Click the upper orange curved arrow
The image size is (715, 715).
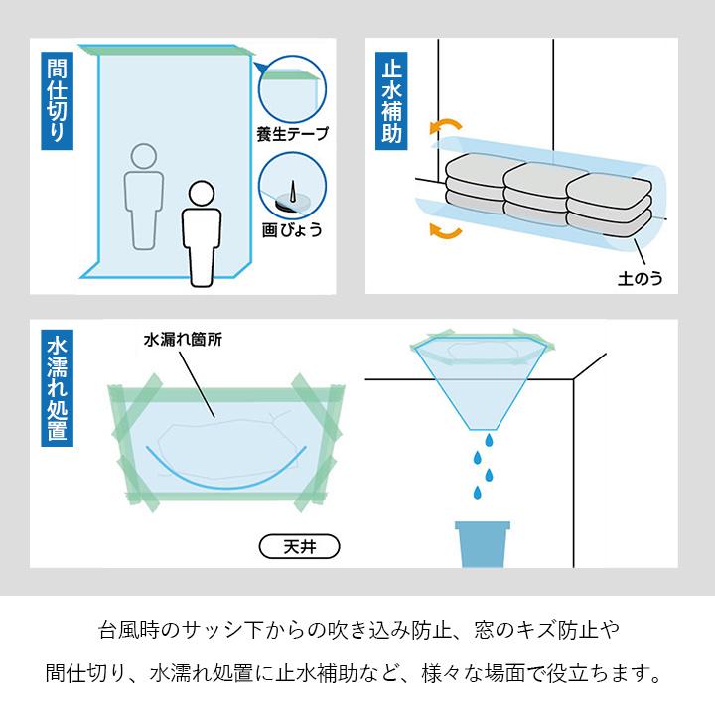coord(445,126)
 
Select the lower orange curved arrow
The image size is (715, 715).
coord(445,232)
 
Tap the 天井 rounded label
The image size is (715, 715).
coord(299,546)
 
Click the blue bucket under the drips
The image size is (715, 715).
coord(483,544)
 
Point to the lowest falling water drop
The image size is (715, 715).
coord(480,491)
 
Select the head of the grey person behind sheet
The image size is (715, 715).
coord(144,157)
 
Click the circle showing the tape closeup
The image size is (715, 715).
coord(292,87)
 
